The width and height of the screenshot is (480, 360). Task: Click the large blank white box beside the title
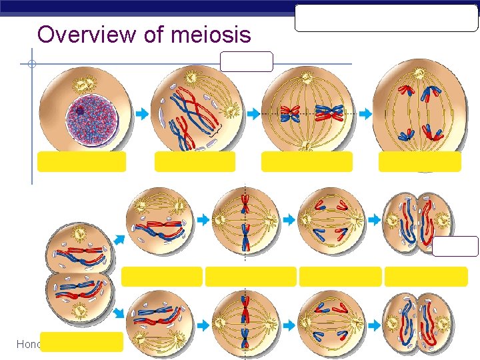click(387, 18)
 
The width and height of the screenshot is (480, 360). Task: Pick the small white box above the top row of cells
click(246, 61)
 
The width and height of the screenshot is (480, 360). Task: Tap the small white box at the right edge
click(455, 246)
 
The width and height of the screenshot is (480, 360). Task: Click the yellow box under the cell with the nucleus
click(81, 161)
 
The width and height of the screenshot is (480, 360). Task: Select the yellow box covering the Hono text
click(81, 341)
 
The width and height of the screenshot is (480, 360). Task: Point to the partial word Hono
click(28, 344)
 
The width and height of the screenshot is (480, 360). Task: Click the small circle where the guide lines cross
click(31, 65)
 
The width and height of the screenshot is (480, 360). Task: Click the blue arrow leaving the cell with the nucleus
click(142, 114)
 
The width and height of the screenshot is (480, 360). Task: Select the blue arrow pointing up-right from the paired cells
click(119, 237)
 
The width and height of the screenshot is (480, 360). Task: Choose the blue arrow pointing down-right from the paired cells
click(119, 312)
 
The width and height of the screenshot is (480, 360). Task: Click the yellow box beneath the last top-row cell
click(419, 161)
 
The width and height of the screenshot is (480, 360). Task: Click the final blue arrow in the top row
click(365, 114)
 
